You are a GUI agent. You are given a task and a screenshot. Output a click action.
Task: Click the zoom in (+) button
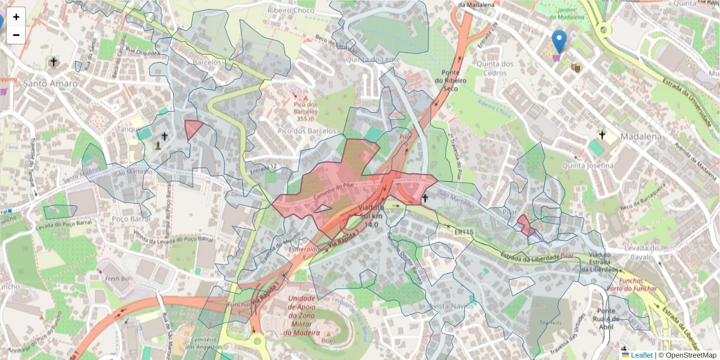tap(16, 17)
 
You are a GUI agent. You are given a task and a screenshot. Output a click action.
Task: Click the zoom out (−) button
tap(16, 35)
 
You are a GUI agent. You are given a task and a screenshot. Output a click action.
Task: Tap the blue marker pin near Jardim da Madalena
tap(559, 41)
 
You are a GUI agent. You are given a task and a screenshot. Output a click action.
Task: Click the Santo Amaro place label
tap(50, 83)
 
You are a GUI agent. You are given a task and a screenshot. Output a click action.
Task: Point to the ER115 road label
tap(464, 232)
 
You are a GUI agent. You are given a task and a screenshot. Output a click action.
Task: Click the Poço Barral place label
tap(131, 218)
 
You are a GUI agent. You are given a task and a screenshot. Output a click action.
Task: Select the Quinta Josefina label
tap(587, 165)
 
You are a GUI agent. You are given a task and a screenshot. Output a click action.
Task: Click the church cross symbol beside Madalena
tap(602, 136)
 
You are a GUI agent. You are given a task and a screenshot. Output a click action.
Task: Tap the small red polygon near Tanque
tap(193, 128)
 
